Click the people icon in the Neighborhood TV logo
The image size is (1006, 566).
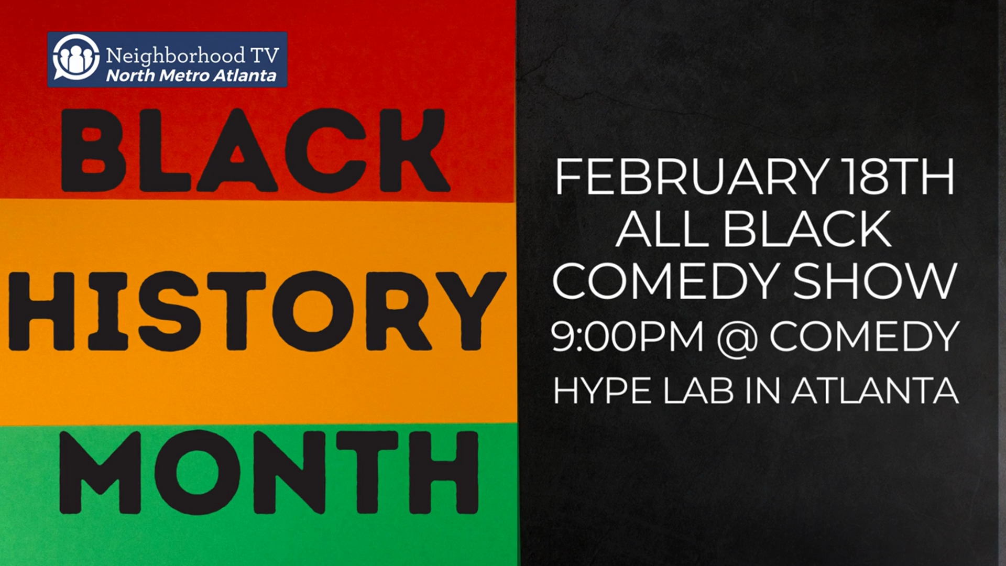(76, 58)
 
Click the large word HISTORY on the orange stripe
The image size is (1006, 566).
(256, 310)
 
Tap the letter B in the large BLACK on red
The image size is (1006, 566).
(93, 150)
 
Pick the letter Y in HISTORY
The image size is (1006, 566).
(468, 310)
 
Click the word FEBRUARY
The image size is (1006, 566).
(690, 178)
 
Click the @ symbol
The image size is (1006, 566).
(736, 338)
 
